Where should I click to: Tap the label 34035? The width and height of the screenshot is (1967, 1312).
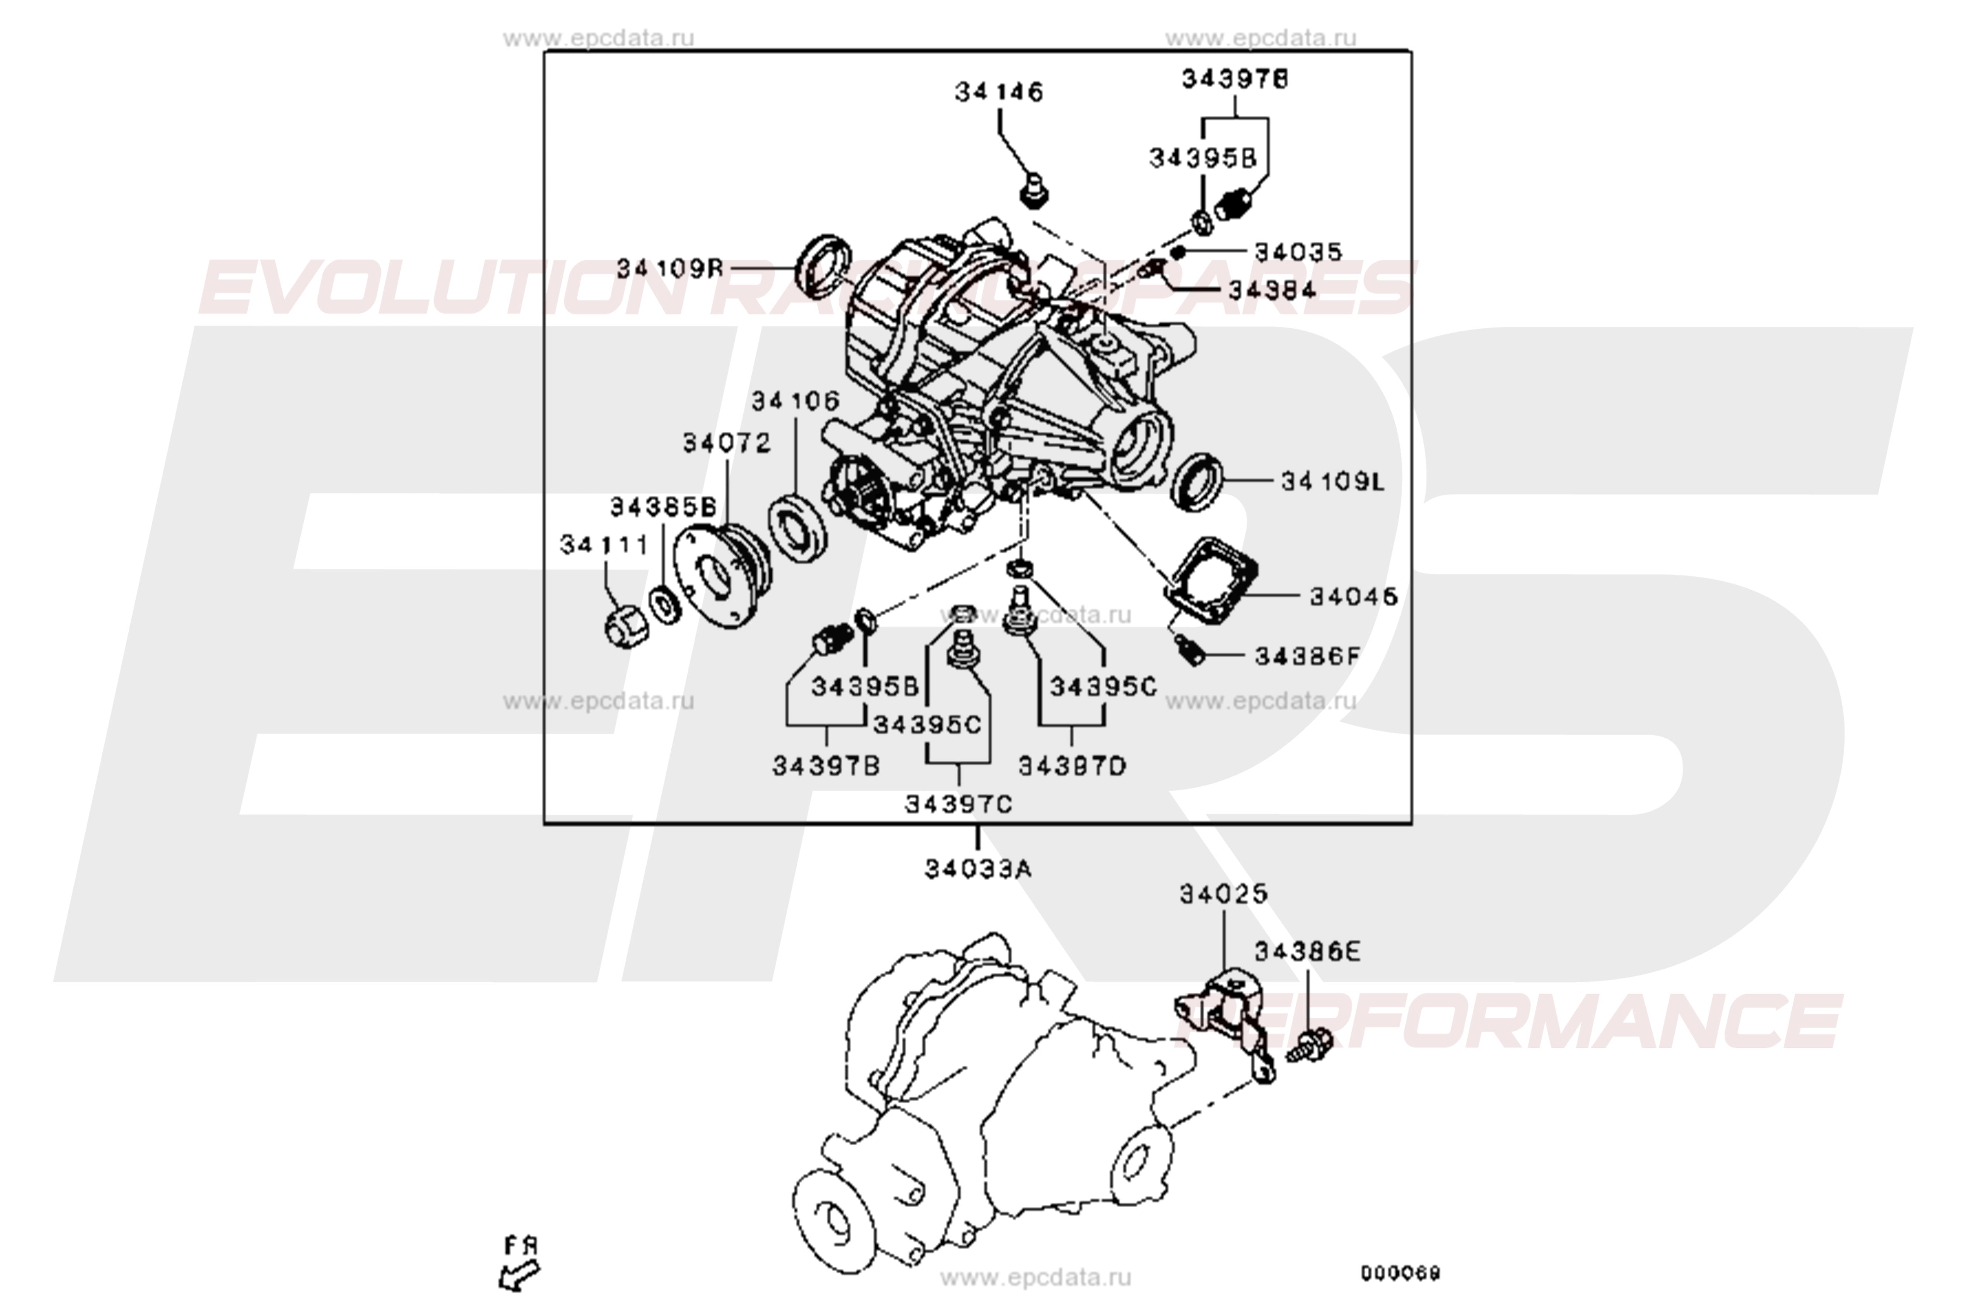[1298, 252]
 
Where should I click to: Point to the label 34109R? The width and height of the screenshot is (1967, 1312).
[669, 269]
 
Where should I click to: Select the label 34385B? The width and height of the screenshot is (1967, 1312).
[663, 507]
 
